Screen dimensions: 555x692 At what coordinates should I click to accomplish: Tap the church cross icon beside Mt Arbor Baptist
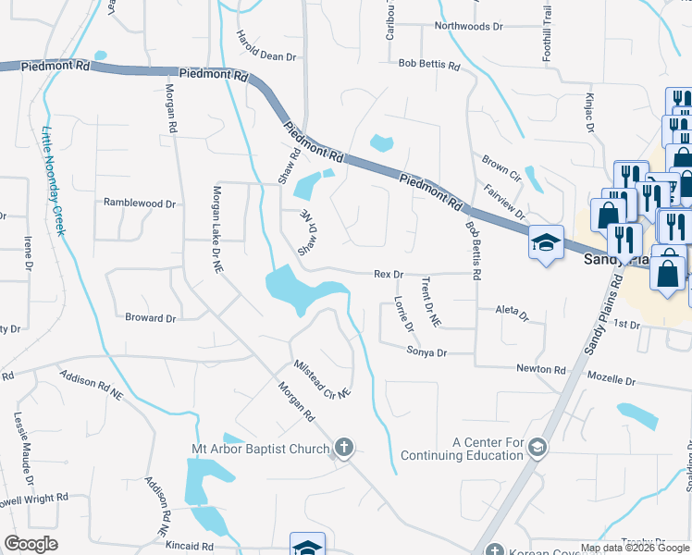tap(343, 450)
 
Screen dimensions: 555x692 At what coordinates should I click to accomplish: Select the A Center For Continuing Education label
tap(488, 449)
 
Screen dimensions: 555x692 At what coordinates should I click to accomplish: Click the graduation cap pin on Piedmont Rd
tap(546, 242)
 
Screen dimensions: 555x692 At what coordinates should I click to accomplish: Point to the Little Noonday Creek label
tap(53, 180)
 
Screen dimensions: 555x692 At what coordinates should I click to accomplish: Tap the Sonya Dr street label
tap(426, 352)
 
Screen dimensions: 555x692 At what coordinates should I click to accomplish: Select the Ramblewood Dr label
tap(139, 203)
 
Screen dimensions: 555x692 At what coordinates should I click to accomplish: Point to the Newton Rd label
tap(540, 369)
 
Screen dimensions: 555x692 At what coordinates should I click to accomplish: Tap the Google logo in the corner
tap(31, 544)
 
